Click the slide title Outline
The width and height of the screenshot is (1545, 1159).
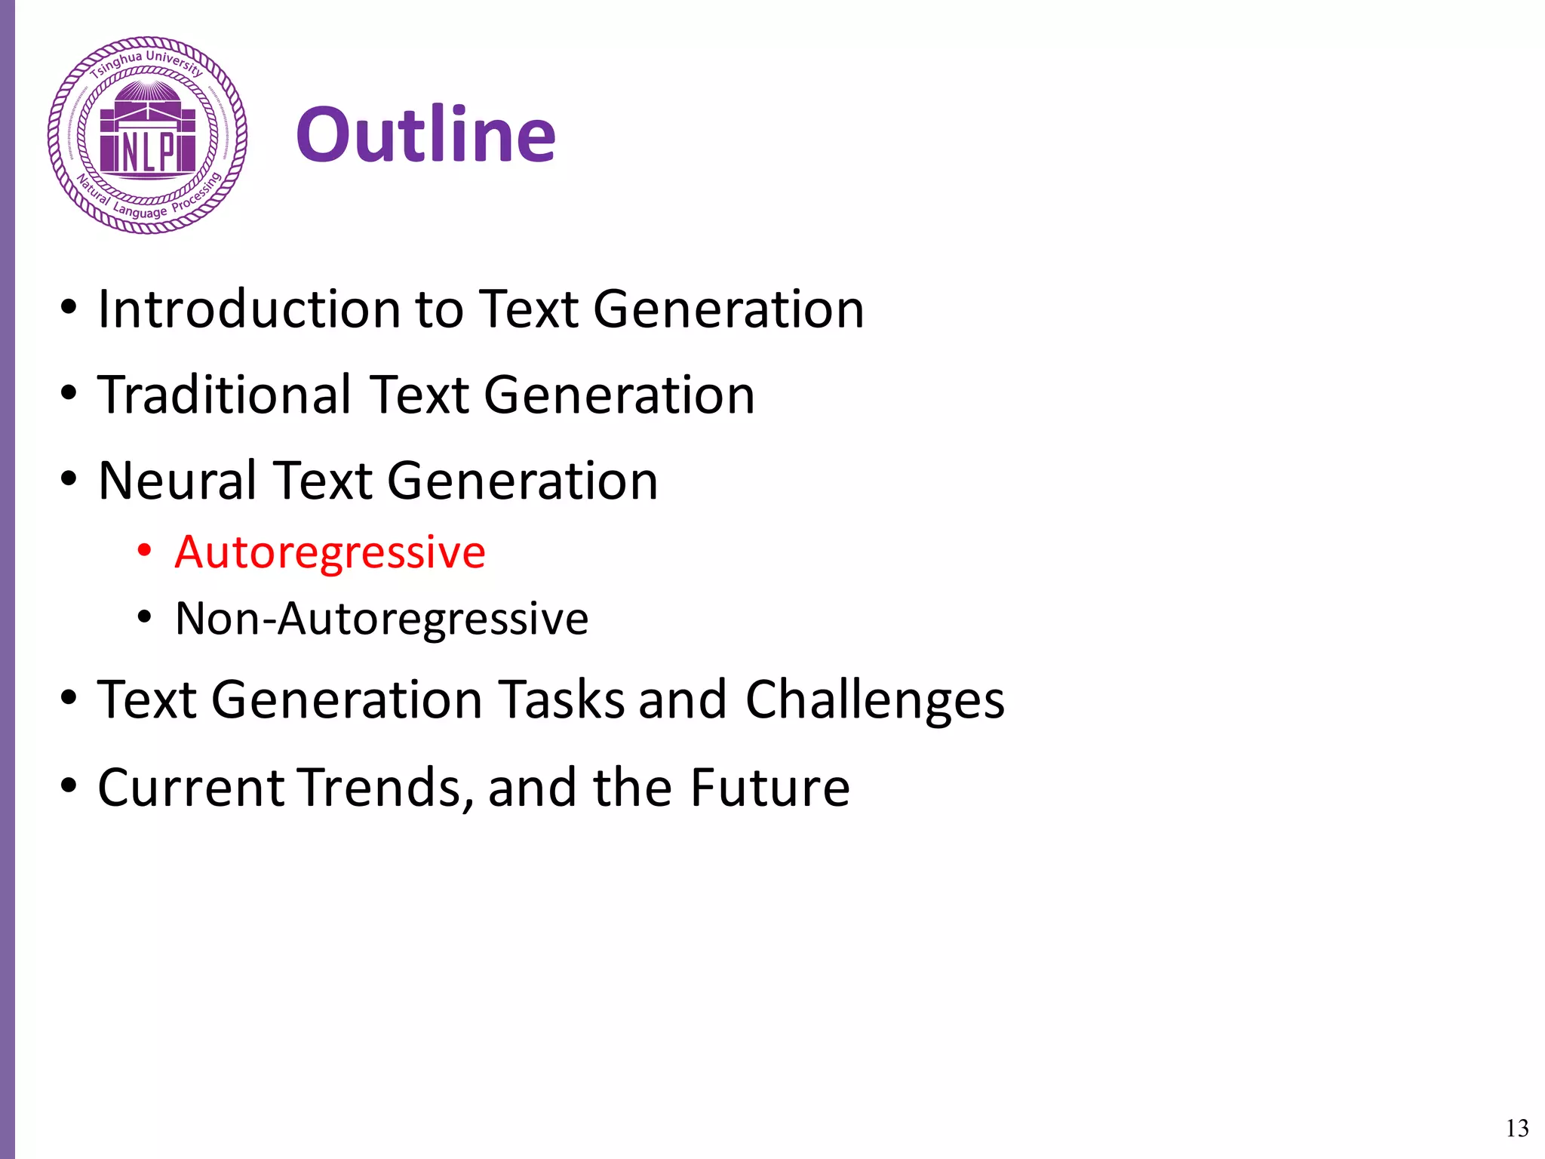click(x=426, y=135)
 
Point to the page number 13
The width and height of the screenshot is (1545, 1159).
click(x=1517, y=1128)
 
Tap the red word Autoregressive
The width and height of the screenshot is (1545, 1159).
click(x=330, y=552)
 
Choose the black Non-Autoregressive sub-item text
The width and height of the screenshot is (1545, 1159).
click(x=382, y=619)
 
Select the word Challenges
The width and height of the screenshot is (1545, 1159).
click(x=875, y=699)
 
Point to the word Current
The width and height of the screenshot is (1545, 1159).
click(x=191, y=788)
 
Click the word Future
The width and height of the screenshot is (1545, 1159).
click(x=770, y=788)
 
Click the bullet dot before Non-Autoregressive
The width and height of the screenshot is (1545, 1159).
click(x=144, y=618)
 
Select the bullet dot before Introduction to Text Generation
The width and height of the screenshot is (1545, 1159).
click(x=69, y=308)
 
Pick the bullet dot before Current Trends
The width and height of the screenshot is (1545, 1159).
click(x=69, y=785)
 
